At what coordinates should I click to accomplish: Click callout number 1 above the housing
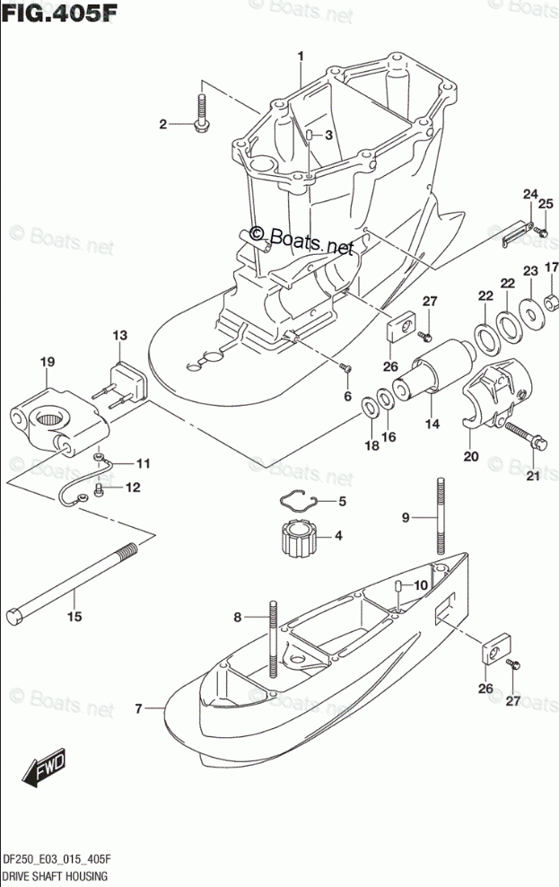[x=301, y=56]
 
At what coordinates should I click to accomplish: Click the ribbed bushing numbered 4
[x=297, y=536]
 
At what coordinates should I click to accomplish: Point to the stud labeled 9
[x=441, y=520]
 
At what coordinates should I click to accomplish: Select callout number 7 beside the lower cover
[x=139, y=709]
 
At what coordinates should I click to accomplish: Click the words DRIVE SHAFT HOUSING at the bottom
[x=56, y=875]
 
